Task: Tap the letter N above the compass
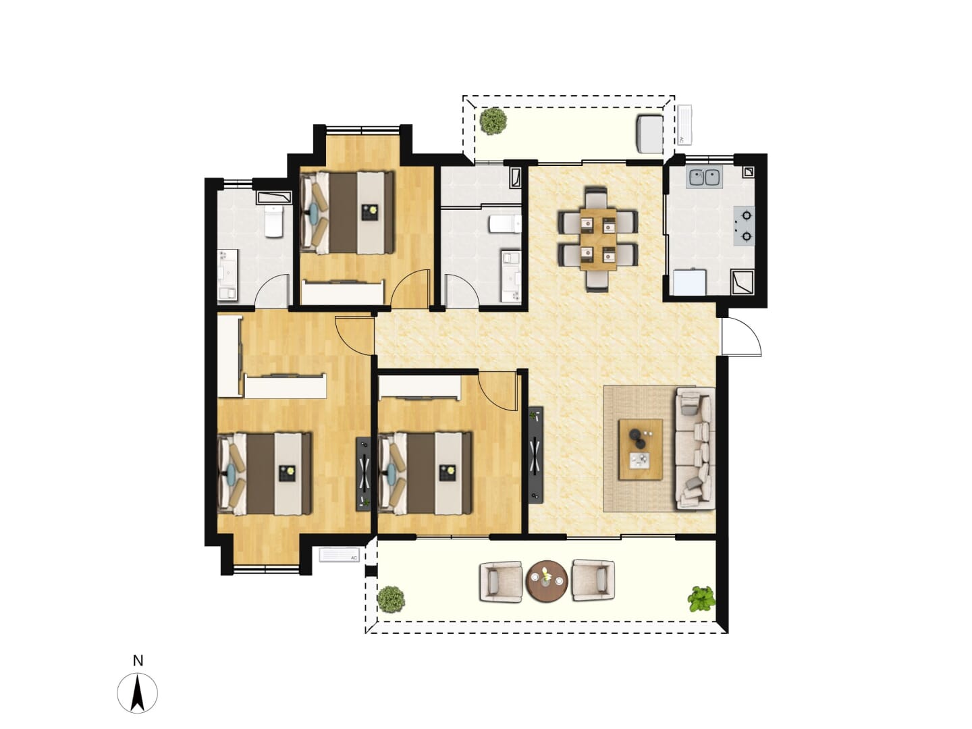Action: coord(138,660)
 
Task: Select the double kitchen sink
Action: coord(703,178)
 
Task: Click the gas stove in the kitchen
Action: coord(744,226)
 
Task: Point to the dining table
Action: coord(598,240)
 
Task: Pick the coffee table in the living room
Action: coord(641,450)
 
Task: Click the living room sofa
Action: coord(695,448)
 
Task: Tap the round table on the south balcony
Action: coord(547,580)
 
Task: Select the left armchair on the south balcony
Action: coord(501,582)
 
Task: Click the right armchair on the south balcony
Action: coord(593,580)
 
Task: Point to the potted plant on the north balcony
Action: coord(493,120)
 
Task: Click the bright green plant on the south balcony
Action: coord(701,599)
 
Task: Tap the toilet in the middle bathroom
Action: coord(505,224)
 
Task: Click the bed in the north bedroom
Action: coord(347,213)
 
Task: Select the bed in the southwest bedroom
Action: coord(265,474)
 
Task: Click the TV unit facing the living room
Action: coord(535,454)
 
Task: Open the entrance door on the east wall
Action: coord(741,337)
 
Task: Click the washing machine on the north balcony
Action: coord(649,134)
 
